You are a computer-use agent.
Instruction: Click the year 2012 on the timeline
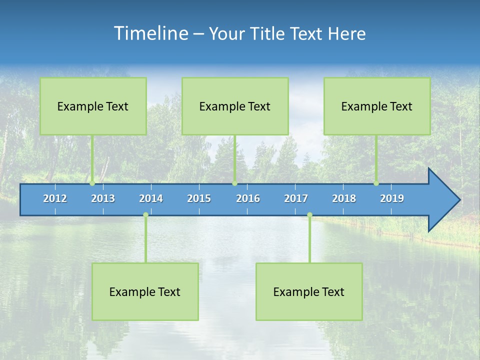point(55,198)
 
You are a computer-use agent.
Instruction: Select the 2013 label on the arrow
point(103,198)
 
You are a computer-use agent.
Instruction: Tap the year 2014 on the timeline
point(151,198)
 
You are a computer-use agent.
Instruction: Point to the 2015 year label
point(199,198)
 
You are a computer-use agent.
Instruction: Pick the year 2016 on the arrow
point(248,198)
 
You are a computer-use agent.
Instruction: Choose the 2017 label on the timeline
point(296,198)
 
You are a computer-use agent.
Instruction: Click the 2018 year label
point(344,198)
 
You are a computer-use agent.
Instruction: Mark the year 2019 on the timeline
point(392,198)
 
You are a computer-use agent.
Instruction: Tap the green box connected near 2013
point(93,106)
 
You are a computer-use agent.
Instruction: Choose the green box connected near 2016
point(235,106)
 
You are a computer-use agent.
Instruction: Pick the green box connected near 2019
point(377,106)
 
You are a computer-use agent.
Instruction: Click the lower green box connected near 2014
point(145,291)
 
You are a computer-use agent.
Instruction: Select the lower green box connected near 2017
point(309,291)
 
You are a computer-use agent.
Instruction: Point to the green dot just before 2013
point(92,183)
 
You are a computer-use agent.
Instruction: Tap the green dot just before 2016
point(234,183)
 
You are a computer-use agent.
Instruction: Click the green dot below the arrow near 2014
point(145,215)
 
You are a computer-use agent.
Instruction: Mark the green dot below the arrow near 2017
point(309,215)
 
